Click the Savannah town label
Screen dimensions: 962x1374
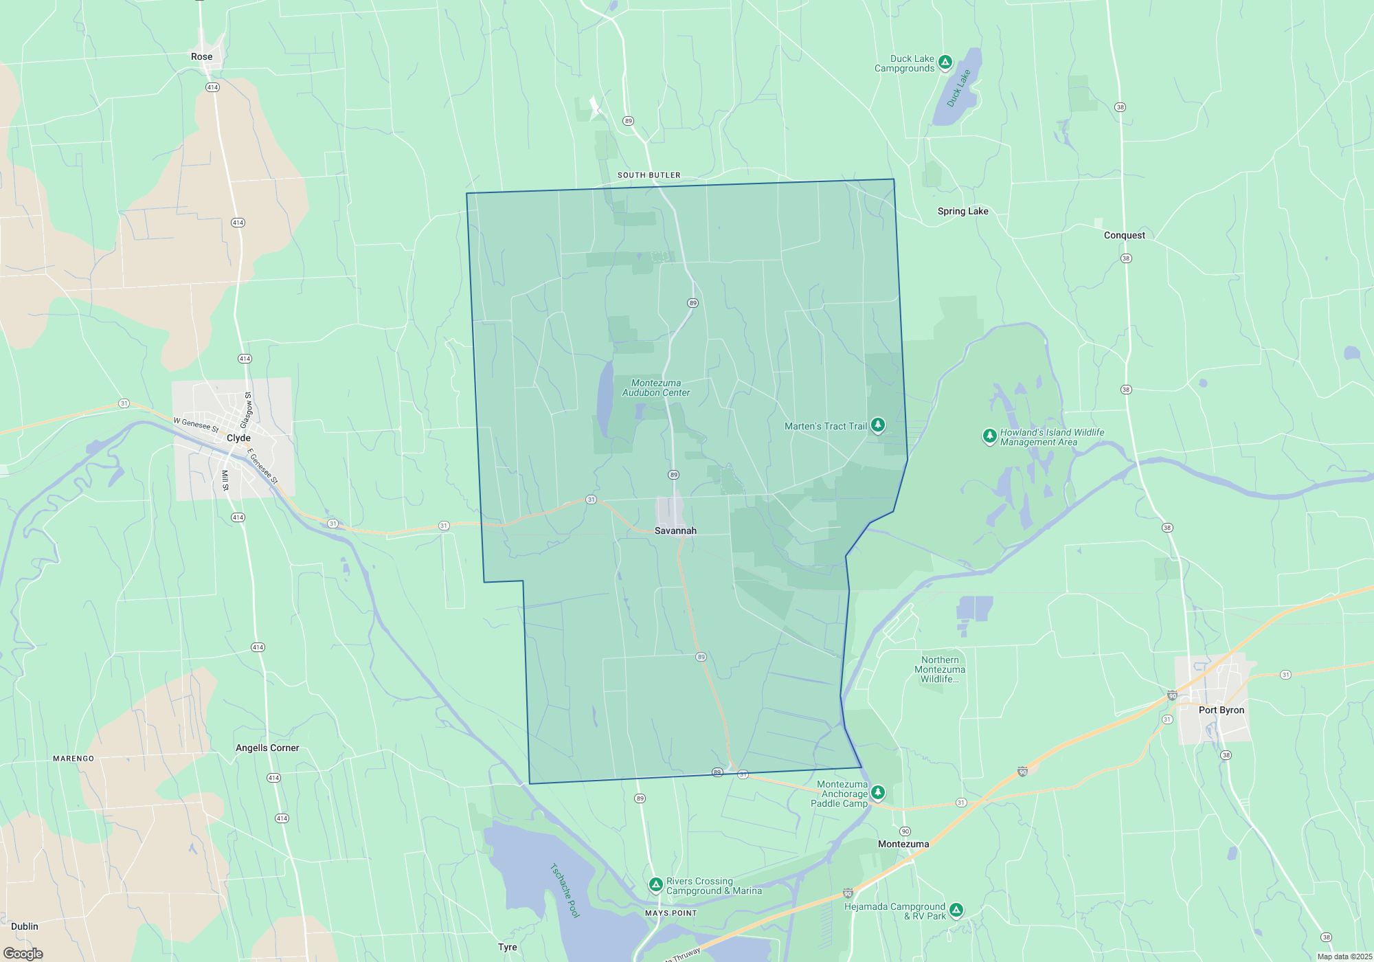coord(675,530)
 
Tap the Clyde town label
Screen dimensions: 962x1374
coord(238,438)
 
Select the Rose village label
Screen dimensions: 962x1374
coord(201,56)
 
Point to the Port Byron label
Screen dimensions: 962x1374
coord(1221,710)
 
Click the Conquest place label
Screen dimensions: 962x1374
coord(1124,235)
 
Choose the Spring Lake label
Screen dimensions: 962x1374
coord(962,211)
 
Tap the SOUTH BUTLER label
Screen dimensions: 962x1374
coord(649,175)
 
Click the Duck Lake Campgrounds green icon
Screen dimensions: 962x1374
coord(945,63)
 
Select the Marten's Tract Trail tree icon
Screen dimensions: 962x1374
coord(877,425)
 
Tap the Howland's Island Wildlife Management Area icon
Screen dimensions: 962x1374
coord(989,436)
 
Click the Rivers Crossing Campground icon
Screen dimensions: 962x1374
coord(655,884)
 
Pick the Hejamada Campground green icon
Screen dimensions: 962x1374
coord(956,910)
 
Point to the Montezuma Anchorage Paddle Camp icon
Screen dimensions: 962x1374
coord(877,793)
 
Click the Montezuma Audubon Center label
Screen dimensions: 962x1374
coord(656,388)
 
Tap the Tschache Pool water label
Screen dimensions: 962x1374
coord(565,891)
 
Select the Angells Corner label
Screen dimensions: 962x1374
coord(267,748)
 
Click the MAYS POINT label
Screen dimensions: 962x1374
coord(671,913)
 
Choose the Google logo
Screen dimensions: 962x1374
coord(23,954)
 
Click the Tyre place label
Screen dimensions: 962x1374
coord(507,947)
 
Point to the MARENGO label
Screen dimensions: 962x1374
coord(74,759)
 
